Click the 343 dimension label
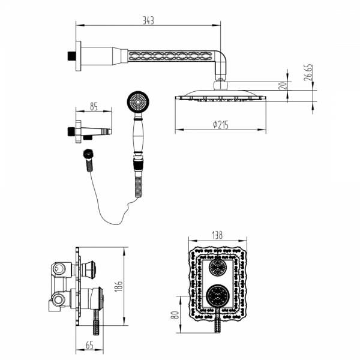(x=148, y=20)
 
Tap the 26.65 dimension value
(x=308, y=73)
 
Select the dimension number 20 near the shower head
(x=283, y=86)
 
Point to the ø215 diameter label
(x=221, y=125)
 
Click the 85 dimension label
(x=94, y=107)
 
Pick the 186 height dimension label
(x=119, y=286)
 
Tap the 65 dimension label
(x=89, y=345)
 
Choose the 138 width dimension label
(x=217, y=235)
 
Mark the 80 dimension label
(x=175, y=314)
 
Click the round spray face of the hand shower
(x=138, y=101)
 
